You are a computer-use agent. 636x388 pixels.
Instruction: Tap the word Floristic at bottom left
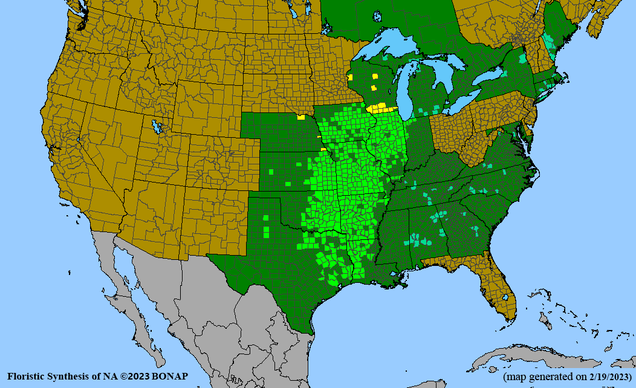(26, 377)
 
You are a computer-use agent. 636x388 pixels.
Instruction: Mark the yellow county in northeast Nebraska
(300, 117)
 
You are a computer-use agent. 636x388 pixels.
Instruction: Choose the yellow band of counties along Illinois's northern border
(382, 109)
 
